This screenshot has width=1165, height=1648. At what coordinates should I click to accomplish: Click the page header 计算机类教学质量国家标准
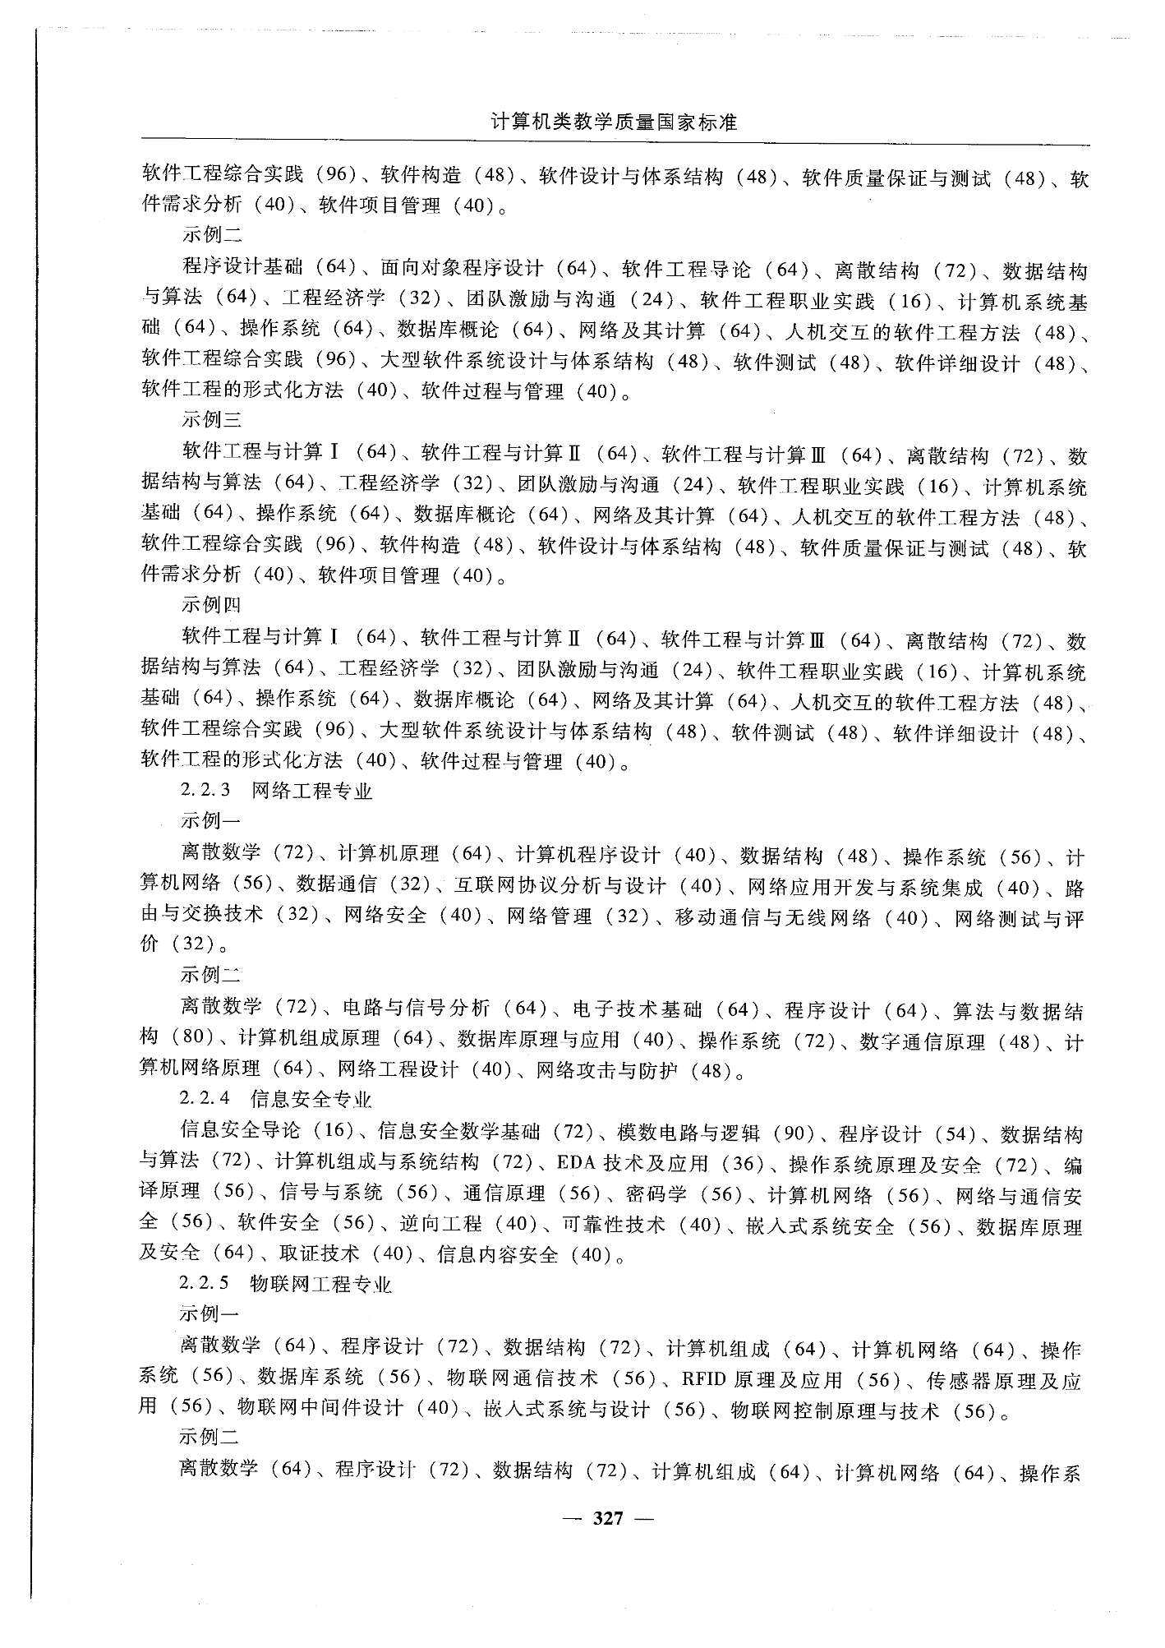point(614,122)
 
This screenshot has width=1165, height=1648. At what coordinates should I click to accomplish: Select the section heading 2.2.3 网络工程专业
point(276,791)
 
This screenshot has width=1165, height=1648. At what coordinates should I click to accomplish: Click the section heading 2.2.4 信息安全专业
point(276,1099)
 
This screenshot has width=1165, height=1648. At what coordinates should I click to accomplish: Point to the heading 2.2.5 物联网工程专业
point(285,1284)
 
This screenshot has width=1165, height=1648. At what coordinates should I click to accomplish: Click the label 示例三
point(211,420)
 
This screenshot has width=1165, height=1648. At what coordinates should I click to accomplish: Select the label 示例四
point(211,605)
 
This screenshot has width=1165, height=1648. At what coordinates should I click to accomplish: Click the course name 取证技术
point(319,1254)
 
